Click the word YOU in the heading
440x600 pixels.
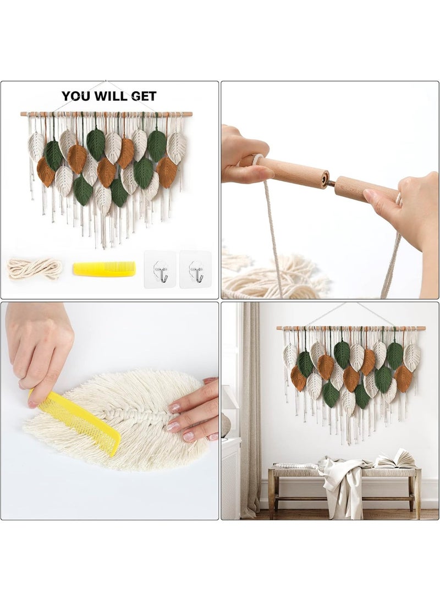click(x=74, y=96)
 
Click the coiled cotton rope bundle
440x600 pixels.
click(x=34, y=269)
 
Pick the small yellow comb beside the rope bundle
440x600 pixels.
click(x=104, y=268)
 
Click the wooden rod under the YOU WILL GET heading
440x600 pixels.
click(x=107, y=114)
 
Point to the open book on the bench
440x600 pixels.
click(x=396, y=461)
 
